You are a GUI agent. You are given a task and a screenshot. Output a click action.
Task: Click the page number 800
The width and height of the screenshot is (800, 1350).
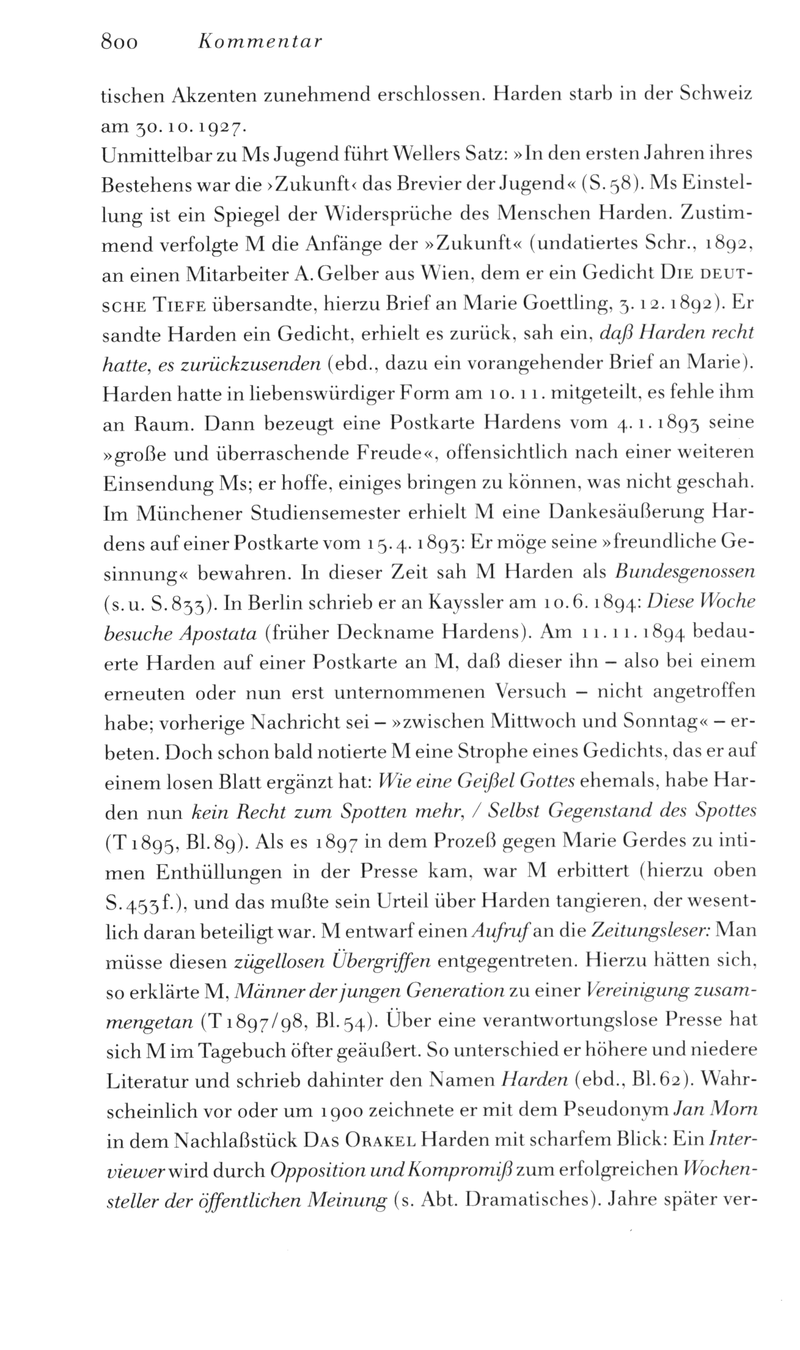pyautogui.click(x=120, y=42)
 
